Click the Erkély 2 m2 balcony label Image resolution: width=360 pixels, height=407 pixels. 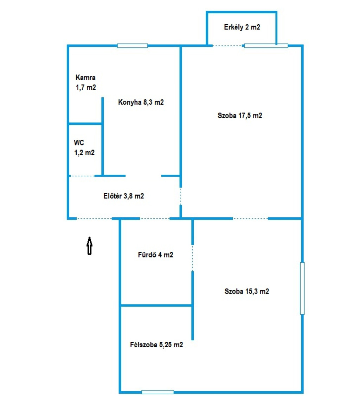pyautogui.click(x=242, y=27)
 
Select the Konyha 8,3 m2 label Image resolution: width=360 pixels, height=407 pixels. pyautogui.click(x=141, y=102)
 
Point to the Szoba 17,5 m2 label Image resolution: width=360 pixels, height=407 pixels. pyautogui.click(x=240, y=116)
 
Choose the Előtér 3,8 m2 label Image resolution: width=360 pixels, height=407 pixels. pyautogui.click(x=123, y=196)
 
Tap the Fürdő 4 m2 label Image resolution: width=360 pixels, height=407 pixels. pyautogui.click(x=155, y=255)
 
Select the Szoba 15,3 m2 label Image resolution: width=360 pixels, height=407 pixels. pyautogui.click(x=247, y=291)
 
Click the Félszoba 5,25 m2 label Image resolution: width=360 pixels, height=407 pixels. pyautogui.click(x=156, y=345)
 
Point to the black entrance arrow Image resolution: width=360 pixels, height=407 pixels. pyautogui.click(x=90, y=245)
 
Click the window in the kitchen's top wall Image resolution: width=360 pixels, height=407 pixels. pyautogui.click(x=133, y=46)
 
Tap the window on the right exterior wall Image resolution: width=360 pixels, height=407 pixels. pyautogui.click(x=302, y=288)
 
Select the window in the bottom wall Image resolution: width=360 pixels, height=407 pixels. pyautogui.click(x=158, y=392)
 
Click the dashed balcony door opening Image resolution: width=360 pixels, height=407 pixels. pyautogui.click(x=227, y=46)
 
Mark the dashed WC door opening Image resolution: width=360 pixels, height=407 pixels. pyautogui.click(x=82, y=176)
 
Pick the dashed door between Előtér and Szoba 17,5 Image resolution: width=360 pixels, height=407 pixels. pyautogui.click(x=181, y=196)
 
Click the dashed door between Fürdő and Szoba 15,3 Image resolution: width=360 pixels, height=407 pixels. pyautogui.click(x=193, y=258)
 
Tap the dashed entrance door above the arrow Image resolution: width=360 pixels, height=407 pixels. pyautogui.click(x=94, y=218)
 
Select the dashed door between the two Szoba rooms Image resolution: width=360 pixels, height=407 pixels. pyautogui.click(x=250, y=218)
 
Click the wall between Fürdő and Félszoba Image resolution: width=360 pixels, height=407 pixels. pyautogui.click(x=156, y=305)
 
